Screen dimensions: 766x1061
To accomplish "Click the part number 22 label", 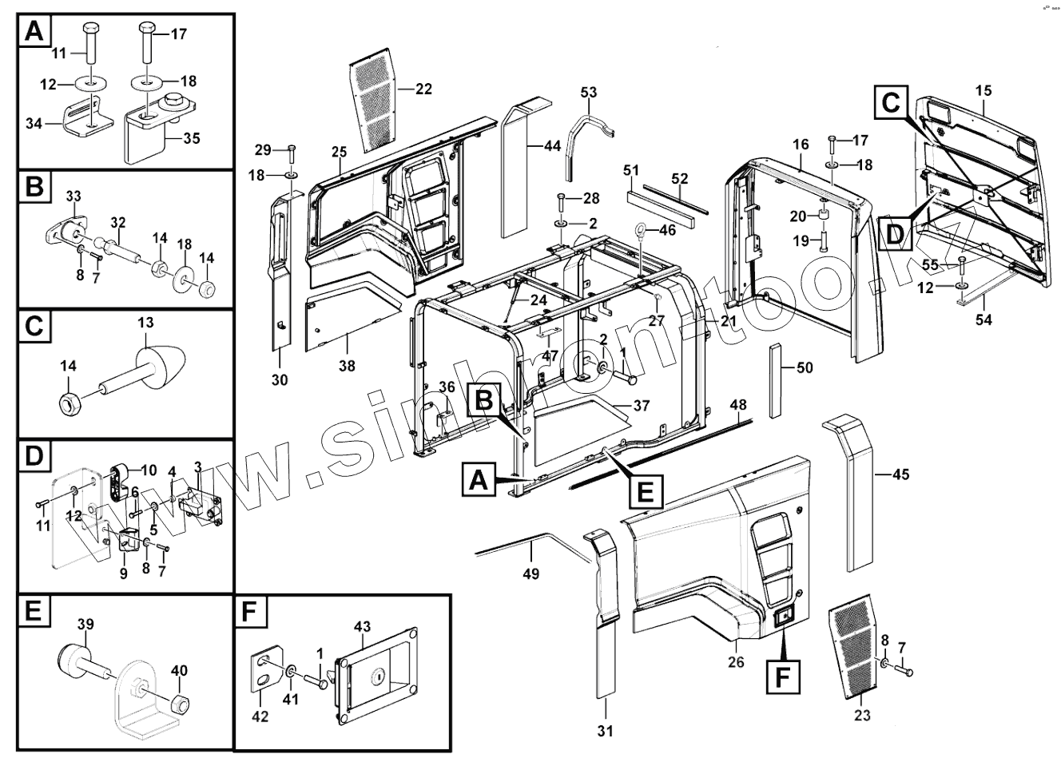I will [x=423, y=89].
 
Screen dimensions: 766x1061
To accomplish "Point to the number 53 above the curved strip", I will [x=589, y=93].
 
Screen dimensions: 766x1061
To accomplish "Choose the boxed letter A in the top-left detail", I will [x=34, y=32].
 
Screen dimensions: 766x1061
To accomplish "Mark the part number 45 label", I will [x=900, y=475].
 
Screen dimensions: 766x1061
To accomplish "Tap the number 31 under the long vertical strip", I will [x=606, y=730].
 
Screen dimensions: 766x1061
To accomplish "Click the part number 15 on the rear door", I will [x=983, y=90].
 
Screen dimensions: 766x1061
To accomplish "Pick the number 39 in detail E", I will [x=85, y=624].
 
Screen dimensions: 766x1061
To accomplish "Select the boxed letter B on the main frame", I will [x=485, y=399].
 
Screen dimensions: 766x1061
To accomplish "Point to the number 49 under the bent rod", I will [x=530, y=574].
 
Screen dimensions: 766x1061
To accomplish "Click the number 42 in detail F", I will [x=260, y=716].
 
